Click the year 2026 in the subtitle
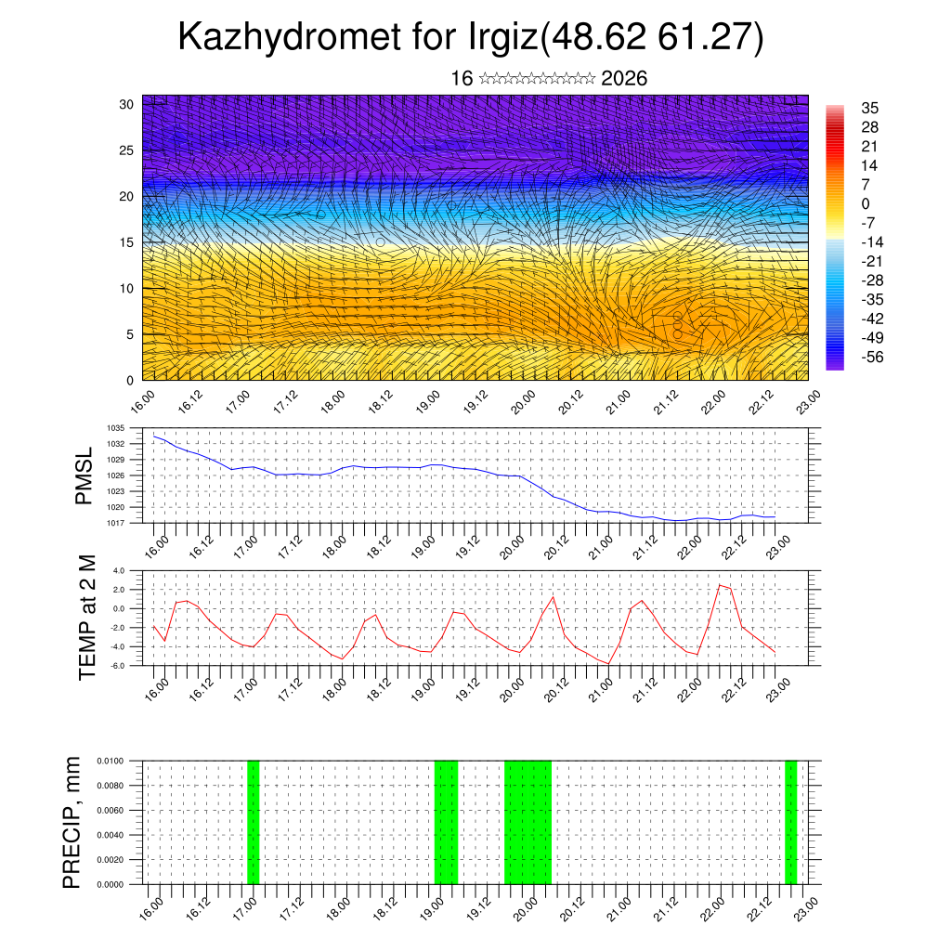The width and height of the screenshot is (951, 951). coord(624,79)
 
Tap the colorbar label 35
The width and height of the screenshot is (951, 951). coord(870,108)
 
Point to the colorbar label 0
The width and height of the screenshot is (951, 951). coord(866,203)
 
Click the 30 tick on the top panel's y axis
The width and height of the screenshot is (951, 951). coord(127,104)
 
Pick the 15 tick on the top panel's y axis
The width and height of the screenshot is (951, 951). coord(127,242)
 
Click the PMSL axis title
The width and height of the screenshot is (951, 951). coord(85,476)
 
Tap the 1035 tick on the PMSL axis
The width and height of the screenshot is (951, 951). coord(116,428)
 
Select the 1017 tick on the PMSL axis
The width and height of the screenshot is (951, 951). coord(116,523)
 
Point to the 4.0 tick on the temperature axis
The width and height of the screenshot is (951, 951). coord(119,570)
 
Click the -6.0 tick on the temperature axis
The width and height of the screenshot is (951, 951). coord(118,666)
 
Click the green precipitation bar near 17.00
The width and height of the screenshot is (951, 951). coord(254,822)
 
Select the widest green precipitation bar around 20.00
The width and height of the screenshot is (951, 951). coord(528,822)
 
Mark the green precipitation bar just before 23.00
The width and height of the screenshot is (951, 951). coord(790,822)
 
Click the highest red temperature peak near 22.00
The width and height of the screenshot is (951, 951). coord(720,585)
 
